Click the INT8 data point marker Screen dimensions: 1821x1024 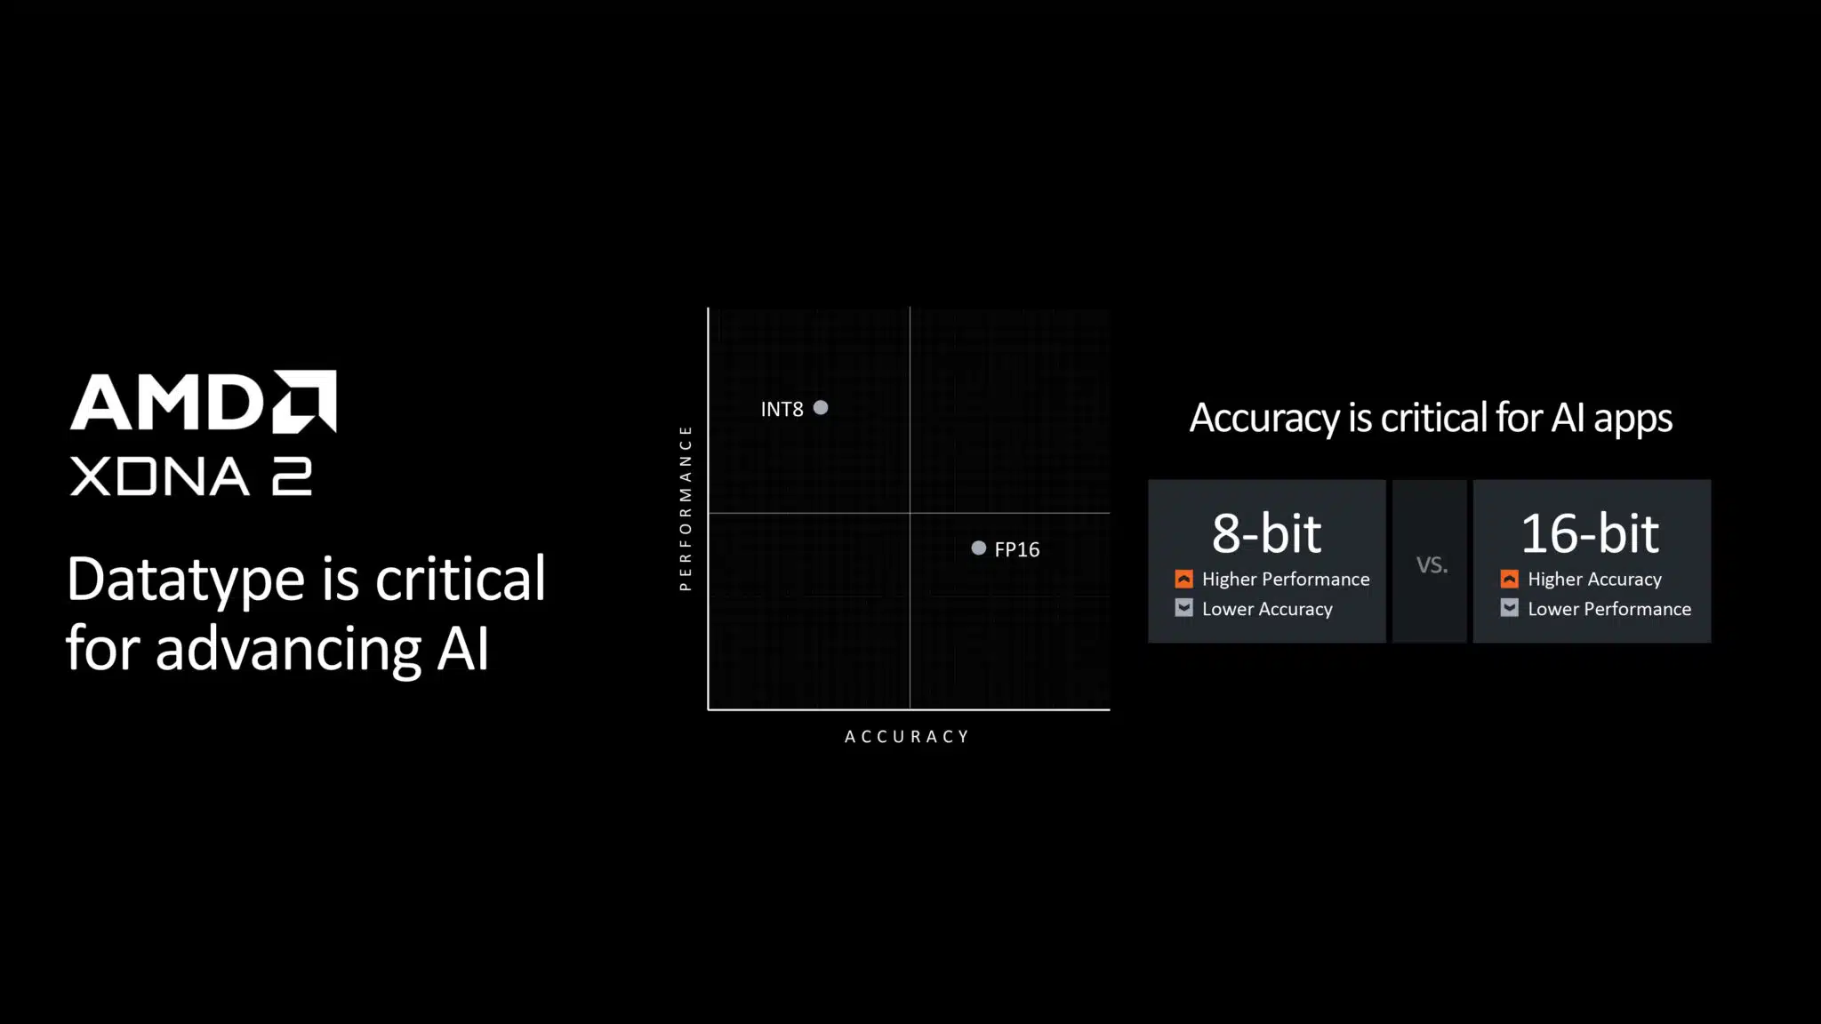(x=821, y=408)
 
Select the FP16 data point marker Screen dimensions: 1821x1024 (x=979, y=548)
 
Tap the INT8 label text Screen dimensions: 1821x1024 (x=782, y=409)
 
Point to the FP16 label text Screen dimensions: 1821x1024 (x=1017, y=549)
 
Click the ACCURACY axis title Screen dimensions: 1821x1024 (x=907, y=737)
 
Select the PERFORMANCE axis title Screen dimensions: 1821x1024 (x=685, y=508)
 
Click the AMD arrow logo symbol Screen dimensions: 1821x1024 (x=304, y=401)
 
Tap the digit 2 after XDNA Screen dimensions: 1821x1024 (x=292, y=476)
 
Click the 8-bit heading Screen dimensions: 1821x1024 (x=1266, y=533)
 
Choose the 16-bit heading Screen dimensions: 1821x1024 (x=1591, y=533)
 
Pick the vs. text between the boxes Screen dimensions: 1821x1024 (x=1432, y=564)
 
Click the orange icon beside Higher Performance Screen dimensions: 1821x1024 (x=1183, y=579)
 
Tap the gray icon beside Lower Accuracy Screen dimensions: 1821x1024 (x=1183, y=608)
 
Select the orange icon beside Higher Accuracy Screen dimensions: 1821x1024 (x=1510, y=579)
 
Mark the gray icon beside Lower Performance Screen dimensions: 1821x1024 (x=1510, y=608)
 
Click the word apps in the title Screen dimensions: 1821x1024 (x=1632, y=420)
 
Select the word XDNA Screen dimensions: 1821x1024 (x=160, y=476)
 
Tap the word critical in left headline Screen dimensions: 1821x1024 (x=461, y=578)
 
